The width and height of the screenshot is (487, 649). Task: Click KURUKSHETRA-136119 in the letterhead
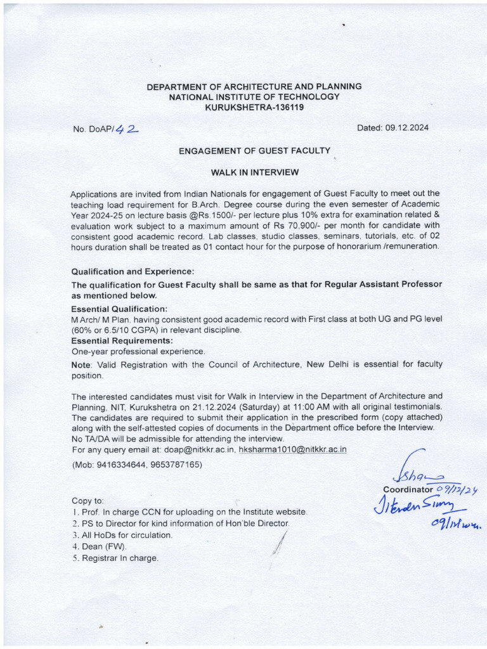coord(254,107)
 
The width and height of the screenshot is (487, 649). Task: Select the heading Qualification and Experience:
coord(133,271)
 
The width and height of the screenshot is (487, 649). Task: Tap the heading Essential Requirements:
coord(122,340)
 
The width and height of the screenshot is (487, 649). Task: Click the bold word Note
coord(81,364)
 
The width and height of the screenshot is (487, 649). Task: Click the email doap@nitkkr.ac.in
coord(200,449)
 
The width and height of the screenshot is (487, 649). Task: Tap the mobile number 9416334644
coord(119,465)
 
